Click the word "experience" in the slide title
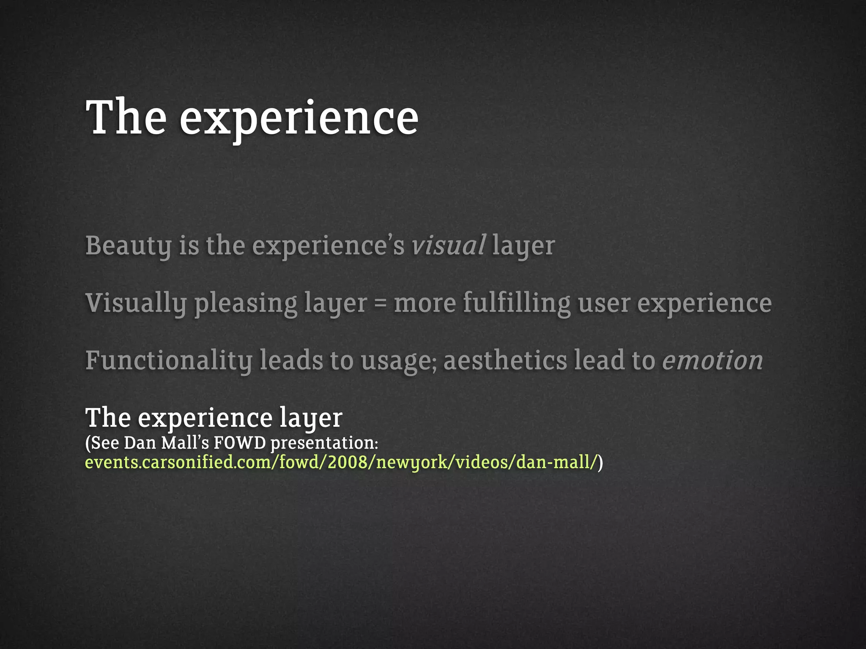[299, 119]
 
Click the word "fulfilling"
[516, 303]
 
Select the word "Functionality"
[169, 361]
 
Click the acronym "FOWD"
[239, 443]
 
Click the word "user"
[603, 303]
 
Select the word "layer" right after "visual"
[523, 246]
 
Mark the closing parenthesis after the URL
[600, 462]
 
